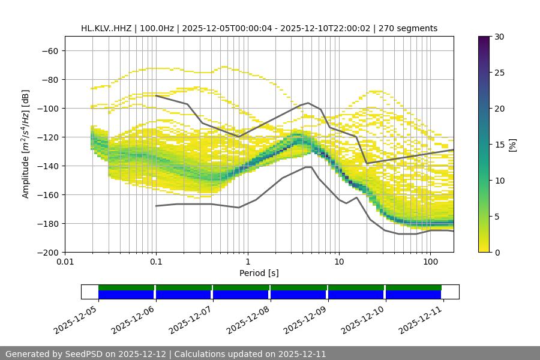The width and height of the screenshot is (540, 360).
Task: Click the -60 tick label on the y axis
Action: [x=50, y=51]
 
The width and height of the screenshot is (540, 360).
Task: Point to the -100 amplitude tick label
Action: [x=47, y=109]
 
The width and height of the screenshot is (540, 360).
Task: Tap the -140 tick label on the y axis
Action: [x=47, y=166]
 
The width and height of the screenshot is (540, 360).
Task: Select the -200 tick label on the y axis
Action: [x=47, y=253]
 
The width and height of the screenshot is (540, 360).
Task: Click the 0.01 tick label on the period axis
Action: [x=65, y=262]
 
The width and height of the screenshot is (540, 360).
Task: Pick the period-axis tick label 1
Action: [x=247, y=262]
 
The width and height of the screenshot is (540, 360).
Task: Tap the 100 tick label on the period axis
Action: [x=430, y=262]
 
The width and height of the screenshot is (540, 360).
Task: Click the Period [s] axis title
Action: [x=259, y=274]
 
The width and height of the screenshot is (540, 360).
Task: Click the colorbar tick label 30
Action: [x=499, y=37]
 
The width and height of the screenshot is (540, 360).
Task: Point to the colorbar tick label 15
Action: [x=499, y=145]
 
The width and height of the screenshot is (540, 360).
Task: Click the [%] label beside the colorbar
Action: [x=512, y=145]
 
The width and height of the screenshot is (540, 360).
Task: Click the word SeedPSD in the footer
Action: [x=89, y=354]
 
